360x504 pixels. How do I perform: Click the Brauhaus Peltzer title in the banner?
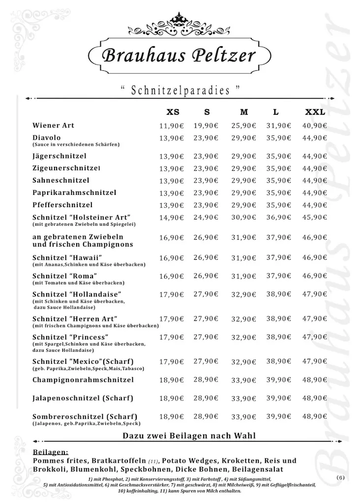point(179,54)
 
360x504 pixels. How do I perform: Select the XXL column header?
point(315,112)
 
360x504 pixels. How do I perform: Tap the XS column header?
point(173,112)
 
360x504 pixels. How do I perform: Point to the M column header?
point(244,112)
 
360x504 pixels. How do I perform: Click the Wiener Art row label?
point(53,126)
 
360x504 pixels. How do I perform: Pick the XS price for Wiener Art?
point(171,126)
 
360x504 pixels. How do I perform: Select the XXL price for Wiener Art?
point(315,126)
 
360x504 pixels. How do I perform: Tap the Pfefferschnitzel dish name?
point(62,205)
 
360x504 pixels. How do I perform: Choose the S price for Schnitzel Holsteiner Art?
point(206,217)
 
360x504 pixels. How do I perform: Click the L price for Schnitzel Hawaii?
point(279,257)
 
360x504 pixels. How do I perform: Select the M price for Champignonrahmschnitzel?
point(244,380)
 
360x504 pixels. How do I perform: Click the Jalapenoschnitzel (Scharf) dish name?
point(83,398)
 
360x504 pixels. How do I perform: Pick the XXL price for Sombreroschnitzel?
point(315,416)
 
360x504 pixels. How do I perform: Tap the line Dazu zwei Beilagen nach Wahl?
point(189,436)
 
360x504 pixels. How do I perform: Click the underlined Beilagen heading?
point(51,452)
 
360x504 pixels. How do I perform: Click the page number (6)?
point(341,478)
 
